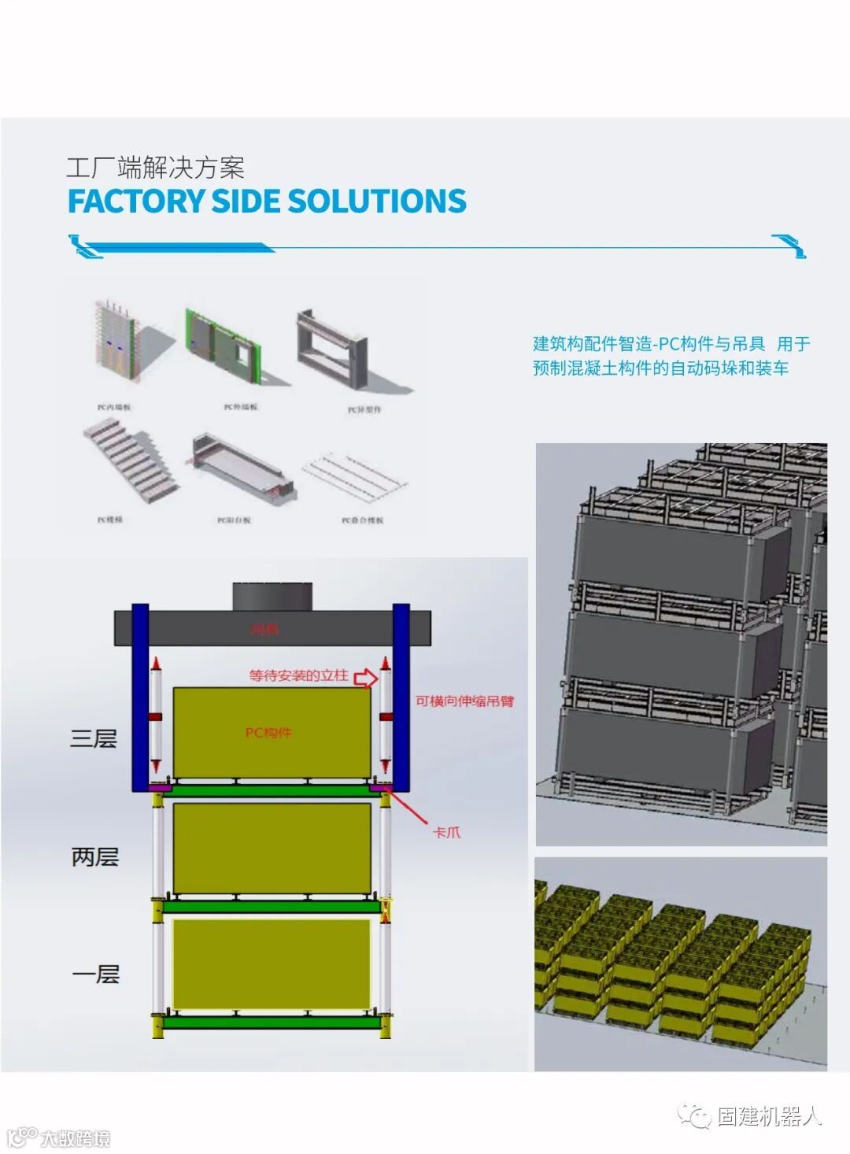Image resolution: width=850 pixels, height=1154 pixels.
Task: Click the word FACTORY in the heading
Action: click(135, 202)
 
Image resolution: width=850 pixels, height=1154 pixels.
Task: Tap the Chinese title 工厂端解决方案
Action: click(155, 168)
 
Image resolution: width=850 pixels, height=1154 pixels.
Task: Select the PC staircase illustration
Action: click(129, 464)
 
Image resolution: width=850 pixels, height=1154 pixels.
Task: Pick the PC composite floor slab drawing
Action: click(357, 476)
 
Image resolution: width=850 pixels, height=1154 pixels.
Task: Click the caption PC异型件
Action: click(364, 409)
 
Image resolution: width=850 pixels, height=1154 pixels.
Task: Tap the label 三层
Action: click(93, 738)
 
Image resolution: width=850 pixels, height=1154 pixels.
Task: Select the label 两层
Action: click(94, 856)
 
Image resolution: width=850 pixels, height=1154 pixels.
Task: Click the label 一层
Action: click(95, 975)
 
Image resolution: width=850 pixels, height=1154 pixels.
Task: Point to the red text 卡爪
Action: click(447, 832)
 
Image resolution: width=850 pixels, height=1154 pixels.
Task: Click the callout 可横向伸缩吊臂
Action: click(464, 701)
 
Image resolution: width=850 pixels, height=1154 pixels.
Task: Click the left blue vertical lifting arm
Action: click(139, 697)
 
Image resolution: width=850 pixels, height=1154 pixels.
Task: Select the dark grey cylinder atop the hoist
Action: click(272, 595)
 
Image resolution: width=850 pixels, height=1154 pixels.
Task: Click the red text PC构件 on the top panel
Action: click(268, 733)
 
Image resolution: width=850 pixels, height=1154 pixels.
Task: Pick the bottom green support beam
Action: click(272, 1023)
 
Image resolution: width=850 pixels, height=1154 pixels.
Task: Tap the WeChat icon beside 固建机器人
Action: click(695, 1115)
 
